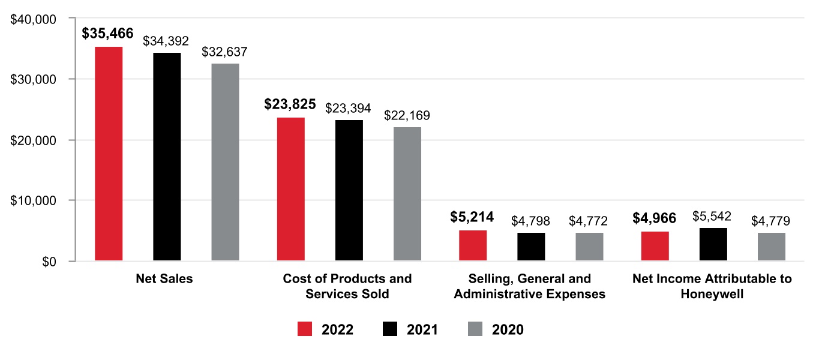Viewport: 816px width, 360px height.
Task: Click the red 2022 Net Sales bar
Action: coord(109,154)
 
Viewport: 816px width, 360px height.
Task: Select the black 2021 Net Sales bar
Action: coord(167,157)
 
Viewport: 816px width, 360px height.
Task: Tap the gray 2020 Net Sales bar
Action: coord(225,162)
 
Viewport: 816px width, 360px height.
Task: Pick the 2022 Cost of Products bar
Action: coord(290,189)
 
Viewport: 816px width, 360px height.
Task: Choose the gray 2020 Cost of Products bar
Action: coord(407,194)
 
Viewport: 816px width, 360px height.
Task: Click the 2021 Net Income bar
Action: coord(713,244)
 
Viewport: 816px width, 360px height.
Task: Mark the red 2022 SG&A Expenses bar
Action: coord(473,245)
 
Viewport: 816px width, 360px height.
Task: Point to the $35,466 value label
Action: coord(107,32)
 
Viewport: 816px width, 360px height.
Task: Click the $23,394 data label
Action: coord(348,109)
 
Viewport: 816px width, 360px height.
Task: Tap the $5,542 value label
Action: coord(712,215)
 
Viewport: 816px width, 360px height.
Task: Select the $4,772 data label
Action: coord(588,221)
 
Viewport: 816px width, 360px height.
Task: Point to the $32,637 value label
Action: coord(224,52)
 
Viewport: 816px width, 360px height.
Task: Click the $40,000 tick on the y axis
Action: coord(34,19)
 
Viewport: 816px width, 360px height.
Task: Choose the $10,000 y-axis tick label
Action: coord(34,200)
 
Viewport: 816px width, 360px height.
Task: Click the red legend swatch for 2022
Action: coord(305,329)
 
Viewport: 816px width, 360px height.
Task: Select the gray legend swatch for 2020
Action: coord(475,329)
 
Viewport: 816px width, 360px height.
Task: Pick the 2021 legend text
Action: coord(422,329)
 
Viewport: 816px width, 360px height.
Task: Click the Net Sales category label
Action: coord(164,279)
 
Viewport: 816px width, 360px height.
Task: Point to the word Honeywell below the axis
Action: coord(712,294)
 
